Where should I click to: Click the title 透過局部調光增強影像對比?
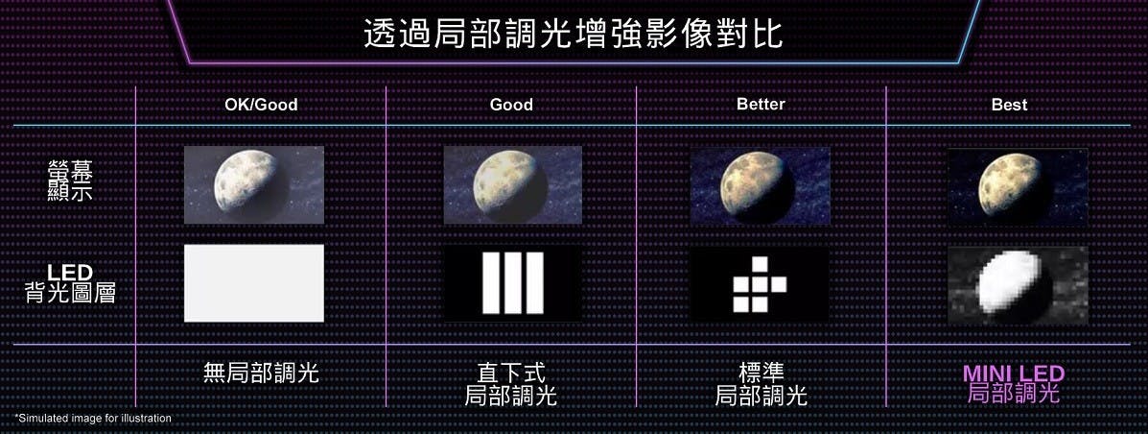574,34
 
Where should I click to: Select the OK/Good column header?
262,105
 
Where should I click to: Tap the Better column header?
761,104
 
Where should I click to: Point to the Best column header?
1010,105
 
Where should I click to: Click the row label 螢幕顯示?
70,181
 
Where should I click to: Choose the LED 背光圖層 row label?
70,284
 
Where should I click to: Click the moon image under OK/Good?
254,184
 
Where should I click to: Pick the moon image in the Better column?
760,185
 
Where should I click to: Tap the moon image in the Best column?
1018,187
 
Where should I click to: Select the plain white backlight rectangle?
254,283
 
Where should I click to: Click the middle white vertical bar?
512,283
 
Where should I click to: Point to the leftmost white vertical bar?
491,283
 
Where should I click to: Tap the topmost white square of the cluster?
760,264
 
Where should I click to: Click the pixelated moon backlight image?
1018,285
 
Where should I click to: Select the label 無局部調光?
262,373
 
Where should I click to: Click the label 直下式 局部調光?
511,384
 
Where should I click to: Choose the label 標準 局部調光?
761,384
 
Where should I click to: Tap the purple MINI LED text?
1014,374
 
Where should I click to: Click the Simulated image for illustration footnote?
93,418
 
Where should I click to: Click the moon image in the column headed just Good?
512,184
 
